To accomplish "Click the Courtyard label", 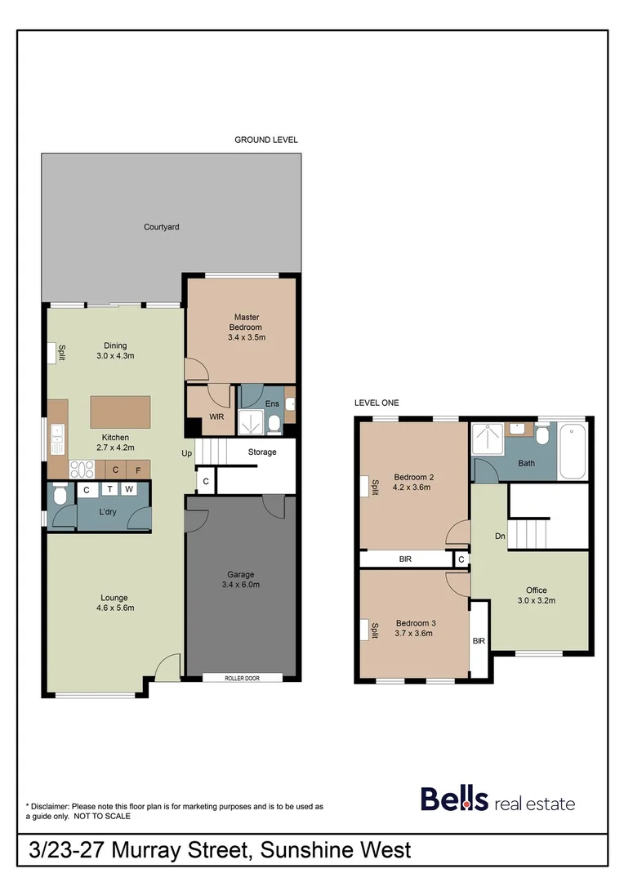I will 161,227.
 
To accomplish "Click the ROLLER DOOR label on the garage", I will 242,678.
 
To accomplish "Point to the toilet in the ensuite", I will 274,422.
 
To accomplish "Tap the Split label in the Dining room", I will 61,353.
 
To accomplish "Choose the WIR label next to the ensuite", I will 217,416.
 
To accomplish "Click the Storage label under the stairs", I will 262,452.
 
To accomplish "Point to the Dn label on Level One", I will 500,537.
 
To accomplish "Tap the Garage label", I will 240,574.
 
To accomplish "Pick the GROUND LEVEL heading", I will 266,140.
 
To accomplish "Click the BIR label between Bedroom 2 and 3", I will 405,559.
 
